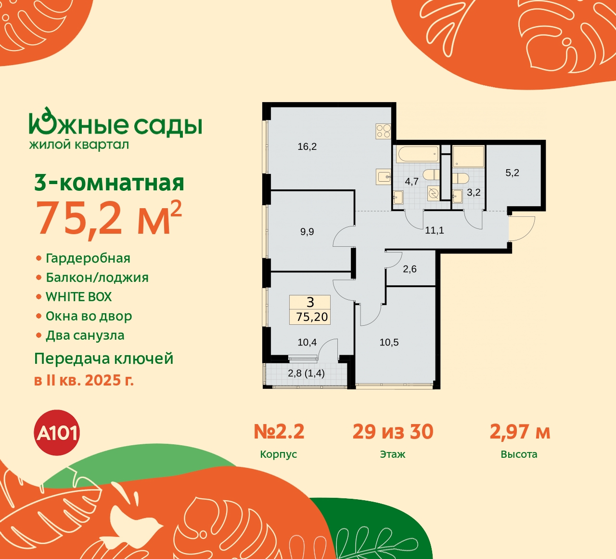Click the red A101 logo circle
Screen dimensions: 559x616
[57, 433]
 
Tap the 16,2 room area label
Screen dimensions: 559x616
[307, 146]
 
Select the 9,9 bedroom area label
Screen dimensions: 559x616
[307, 232]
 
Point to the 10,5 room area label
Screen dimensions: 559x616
[389, 343]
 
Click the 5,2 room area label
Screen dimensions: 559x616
[512, 173]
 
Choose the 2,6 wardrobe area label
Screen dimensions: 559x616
[410, 269]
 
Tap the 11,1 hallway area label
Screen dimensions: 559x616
[434, 230]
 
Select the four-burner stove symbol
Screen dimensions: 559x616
[383, 131]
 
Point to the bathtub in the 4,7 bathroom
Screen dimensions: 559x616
[417, 155]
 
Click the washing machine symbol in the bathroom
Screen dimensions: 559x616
[433, 194]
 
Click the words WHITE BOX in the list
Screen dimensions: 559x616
[78, 297]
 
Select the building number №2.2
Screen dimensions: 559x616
[279, 432]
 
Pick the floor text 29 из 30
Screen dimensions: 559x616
[393, 432]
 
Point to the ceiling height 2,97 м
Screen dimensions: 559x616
[520, 432]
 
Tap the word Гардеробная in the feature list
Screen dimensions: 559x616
[88, 258]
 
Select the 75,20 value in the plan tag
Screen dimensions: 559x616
[312, 317]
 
